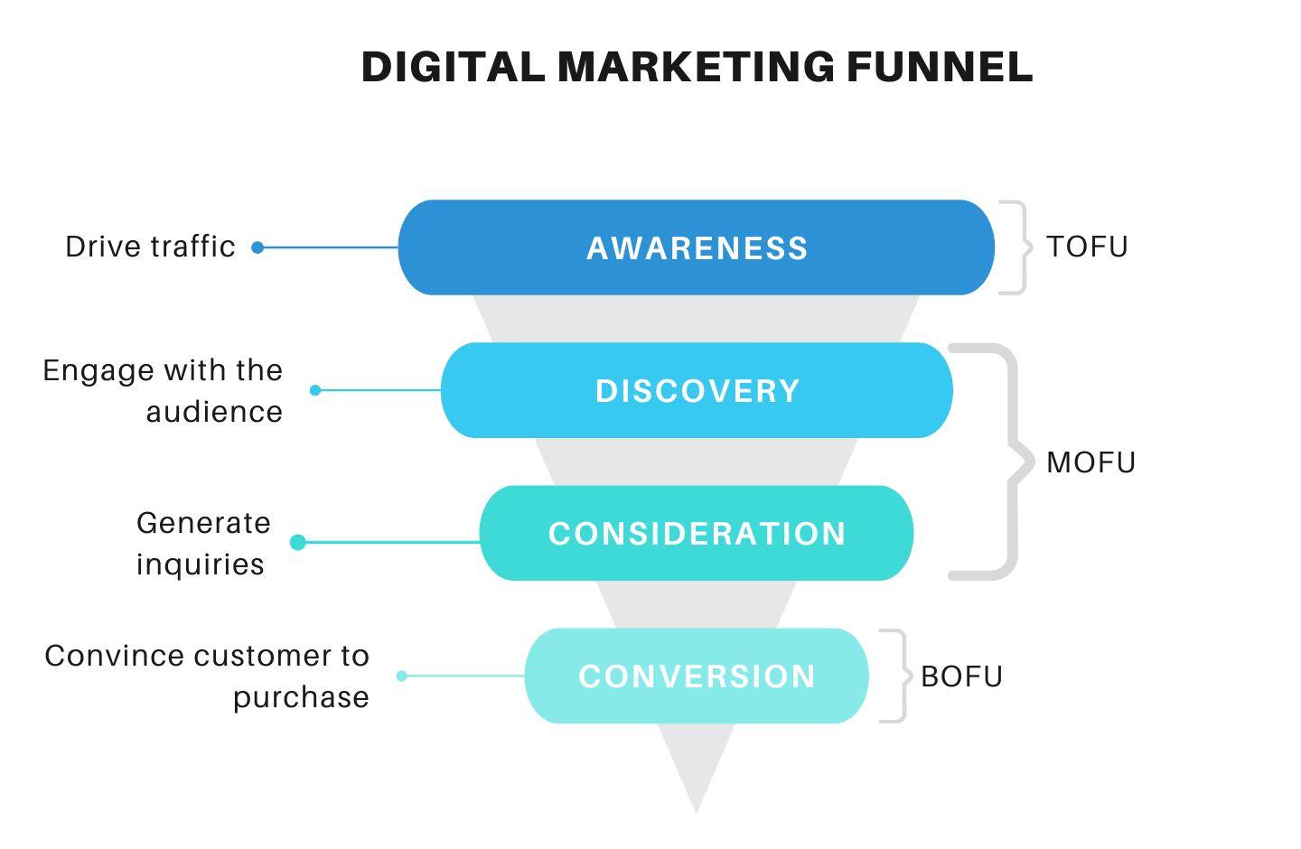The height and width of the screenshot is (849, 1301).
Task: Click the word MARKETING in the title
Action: [x=696, y=68]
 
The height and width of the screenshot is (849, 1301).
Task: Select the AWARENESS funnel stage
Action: [x=696, y=247]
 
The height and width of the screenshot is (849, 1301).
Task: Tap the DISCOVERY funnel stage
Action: [x=697, y=390]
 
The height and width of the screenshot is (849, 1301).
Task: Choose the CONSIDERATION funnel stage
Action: [x=697, y=533]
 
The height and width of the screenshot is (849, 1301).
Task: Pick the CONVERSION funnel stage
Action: [x=697, y=676]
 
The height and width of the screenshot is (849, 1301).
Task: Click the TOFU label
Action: [x=1087, y=247]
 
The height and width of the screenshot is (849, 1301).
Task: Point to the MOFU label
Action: [x=1090, y=462]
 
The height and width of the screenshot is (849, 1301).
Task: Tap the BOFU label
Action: [x=961, y=676]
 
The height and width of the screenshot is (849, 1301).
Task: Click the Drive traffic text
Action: [x=150, y=247]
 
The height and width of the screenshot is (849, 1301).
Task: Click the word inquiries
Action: [x=201, y=564]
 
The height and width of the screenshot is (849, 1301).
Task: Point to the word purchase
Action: [x=301, y=697]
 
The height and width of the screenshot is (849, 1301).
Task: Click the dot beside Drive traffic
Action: [x=257, y=247]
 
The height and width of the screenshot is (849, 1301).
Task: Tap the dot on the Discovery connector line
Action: [x=315, y=390]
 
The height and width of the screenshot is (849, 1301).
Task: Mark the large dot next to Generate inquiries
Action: [x=298, y=542]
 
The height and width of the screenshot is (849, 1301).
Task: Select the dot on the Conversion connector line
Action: [x=402, y=676]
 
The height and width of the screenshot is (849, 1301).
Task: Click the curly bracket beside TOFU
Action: [x=1018, y=247]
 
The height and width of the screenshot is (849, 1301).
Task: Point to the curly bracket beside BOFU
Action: [x=897, y=676]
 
